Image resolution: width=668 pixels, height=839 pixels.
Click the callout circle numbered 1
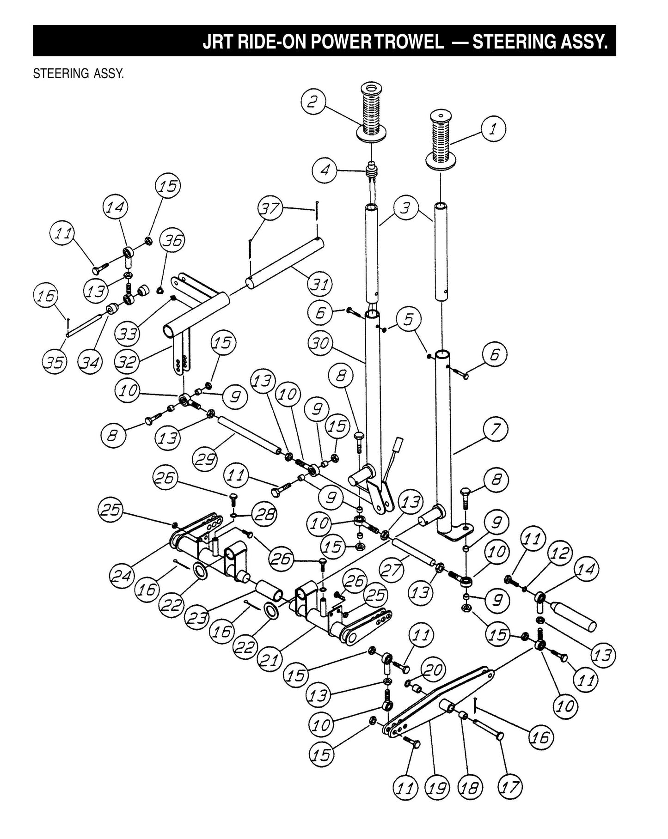pyautogui.click(x=493, y=130)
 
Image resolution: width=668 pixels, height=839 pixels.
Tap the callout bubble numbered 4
pyautogui.click(x=325, y=170)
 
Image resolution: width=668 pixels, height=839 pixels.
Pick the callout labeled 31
pyautogui.click(x=320, y=283)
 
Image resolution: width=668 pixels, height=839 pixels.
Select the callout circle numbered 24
pyautogui.click(x=123, y=576)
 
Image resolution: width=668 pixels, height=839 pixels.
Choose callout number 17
pyautogui.click(x=510, y=787)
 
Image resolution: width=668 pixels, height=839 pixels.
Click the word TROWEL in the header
pyautogui.click(x=409, y=42)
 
